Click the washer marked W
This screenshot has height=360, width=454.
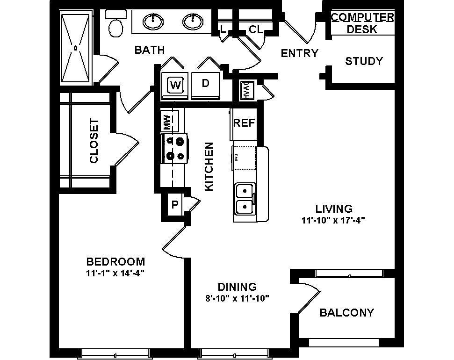click(175, 85)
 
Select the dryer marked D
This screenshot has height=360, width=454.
click(205, 84)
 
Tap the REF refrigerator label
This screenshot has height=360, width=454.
click(244, 123)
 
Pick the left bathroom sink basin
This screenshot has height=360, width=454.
click(153, 21)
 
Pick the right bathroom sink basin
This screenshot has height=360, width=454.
click(192, 21)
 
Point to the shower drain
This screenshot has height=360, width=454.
click(75, 48)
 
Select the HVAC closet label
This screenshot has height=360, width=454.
click(246, 90)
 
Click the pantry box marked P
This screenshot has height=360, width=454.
click(174, 204)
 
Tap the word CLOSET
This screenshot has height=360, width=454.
click(94, 141)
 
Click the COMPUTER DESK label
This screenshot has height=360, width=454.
click(362, 23)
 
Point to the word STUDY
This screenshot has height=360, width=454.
click(364, 61)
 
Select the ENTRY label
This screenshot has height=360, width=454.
click(299, 53)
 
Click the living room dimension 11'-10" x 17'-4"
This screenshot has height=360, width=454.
click(333, 221)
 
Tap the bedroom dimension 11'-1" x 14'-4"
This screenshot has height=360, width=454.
click(115, 273)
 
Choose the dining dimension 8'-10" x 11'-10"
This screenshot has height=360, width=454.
click(237, 298)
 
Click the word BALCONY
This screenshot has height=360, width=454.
click(346, 313)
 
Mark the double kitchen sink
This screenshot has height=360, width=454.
click(245, 198)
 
